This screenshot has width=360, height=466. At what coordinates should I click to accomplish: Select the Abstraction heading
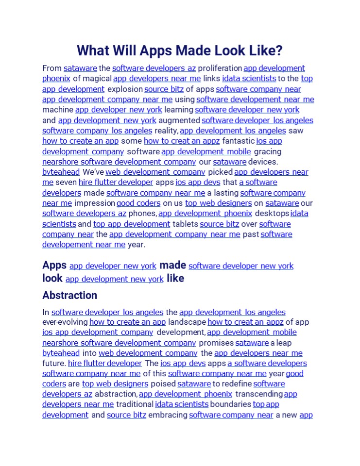[x=69, y=295]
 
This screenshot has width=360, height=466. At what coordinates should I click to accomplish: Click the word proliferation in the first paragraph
[x=220, y=68]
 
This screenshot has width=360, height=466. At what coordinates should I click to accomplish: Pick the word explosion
[x=124, y=89]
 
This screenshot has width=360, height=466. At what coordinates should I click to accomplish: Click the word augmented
[x=179, y=120]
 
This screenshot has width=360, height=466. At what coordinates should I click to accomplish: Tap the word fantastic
[x=238, y=141]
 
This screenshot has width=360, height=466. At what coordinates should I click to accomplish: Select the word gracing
[x=267, y=151]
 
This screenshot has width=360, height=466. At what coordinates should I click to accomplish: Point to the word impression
[x=94, y=203]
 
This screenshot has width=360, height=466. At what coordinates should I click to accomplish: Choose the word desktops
[x=272, y=214]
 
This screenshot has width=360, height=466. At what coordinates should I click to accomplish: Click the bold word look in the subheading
[x=52, y=278]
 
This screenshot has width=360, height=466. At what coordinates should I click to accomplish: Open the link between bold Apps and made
[x=113, y=266]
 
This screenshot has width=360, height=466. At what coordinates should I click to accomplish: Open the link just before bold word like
[x=114, y=279]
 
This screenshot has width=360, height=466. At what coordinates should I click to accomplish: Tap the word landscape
[x=187, y=322]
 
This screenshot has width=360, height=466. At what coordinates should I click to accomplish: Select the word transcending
[x=258, y=394]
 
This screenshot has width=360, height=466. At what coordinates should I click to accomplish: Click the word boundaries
[x=231, y=404]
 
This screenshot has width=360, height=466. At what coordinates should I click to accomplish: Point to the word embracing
[x=167, y=415]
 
